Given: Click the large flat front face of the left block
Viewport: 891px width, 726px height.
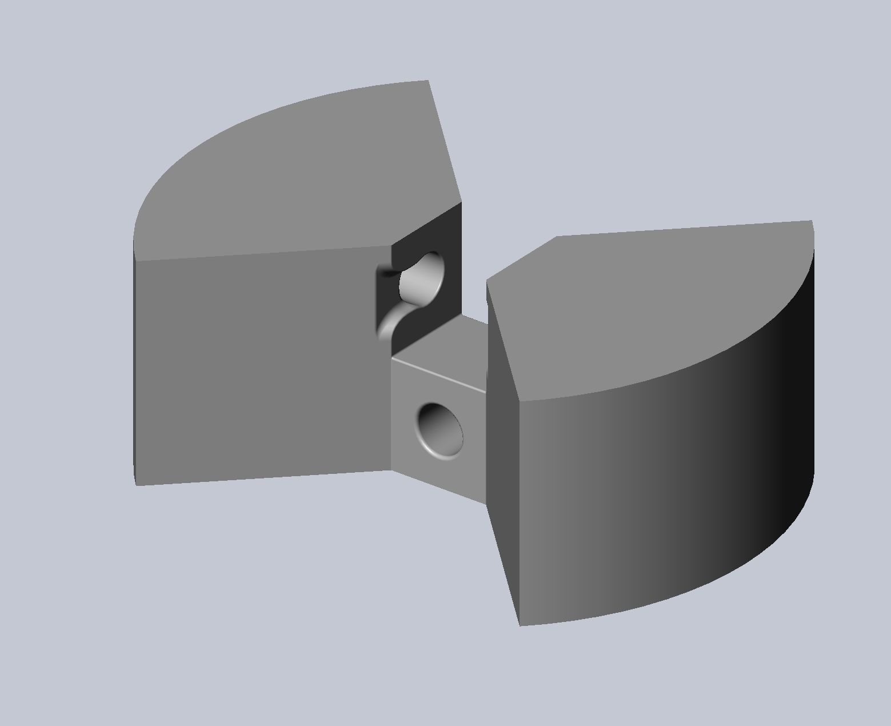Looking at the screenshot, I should (257, 366).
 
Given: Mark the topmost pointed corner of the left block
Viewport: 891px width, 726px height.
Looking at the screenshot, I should (428, 81).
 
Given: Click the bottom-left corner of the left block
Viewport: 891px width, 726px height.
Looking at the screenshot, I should (136, 485).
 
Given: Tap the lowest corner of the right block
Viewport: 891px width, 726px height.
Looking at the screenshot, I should (520, 625).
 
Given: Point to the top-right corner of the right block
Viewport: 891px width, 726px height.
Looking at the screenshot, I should (812, 221).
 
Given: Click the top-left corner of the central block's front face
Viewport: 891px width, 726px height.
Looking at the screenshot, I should (391, 359).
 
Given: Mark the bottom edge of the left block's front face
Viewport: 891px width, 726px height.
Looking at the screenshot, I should (263, 478).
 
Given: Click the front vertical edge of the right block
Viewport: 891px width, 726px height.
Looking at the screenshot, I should (519, 514).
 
